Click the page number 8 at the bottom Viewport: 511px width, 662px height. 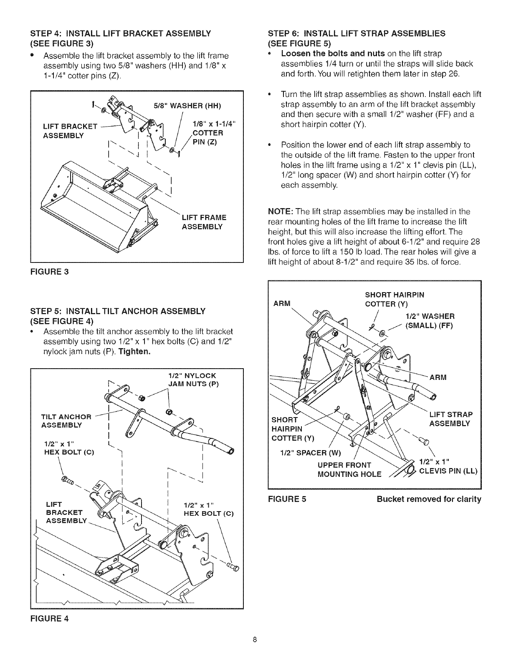pyautogui.click(x=255, y=651)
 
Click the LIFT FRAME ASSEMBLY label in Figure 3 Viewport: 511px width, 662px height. pyautogui.click(x=204, y=222)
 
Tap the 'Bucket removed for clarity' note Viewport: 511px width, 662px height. pyautogui.click(x=429, y=499)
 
